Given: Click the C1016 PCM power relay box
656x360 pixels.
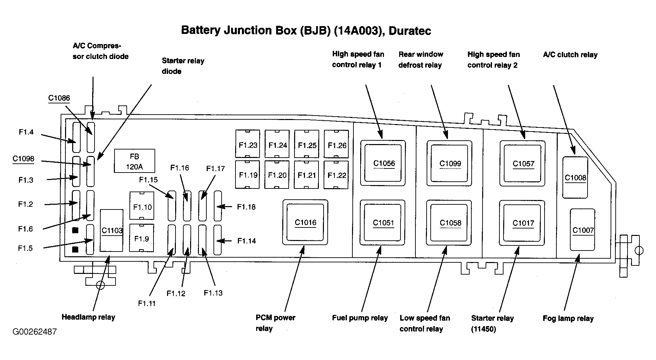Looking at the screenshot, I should (305, 222).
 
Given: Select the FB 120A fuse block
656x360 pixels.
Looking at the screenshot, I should (135, 161).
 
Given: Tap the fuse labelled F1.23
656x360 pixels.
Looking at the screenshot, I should (248, 144).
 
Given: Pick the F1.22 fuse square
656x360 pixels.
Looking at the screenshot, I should (336, 174).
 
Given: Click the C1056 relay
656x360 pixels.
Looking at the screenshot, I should (383, 163).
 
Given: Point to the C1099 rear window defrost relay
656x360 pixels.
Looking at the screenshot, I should (449, 163).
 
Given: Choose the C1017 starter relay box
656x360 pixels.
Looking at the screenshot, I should (522, 223).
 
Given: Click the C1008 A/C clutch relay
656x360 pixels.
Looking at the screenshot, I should (575, 177).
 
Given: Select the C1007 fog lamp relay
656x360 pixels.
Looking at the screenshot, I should (582, 230).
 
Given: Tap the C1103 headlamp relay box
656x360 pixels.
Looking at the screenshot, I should (111, 231).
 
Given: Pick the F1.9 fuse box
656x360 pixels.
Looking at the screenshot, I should (142, 238).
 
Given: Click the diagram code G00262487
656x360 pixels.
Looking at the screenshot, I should (35, 332).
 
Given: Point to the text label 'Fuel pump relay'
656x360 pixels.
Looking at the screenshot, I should (360, 318).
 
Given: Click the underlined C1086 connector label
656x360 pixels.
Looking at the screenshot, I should (59, 98).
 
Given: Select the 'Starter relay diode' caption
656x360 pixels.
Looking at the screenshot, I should (183, 66).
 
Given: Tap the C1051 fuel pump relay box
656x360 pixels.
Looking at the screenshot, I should (383, 222).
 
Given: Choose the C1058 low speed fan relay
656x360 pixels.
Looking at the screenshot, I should (449, 223).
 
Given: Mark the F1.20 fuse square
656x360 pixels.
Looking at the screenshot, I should (277, 174).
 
